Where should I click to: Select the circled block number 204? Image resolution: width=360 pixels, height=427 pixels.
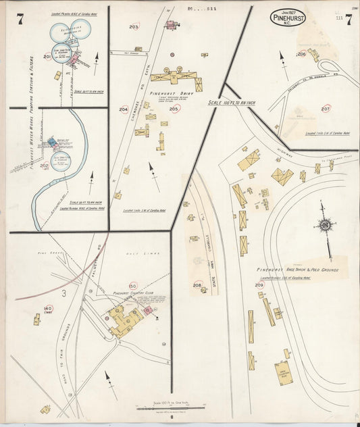pyautogui.click(x=124, y=109)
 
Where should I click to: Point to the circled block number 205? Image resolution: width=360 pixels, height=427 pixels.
pyautogui.click(x=174, y=109)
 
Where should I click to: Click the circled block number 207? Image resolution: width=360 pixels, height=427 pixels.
pyautogui.click(x=326, y=108)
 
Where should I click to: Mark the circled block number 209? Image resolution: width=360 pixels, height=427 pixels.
pyautogui.click(x=259, y=285)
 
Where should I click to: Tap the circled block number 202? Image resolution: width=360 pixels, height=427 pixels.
pyautogui.click(x=45, y=166)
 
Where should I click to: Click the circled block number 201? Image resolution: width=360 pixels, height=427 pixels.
pyautogui.click(x=47, y=57)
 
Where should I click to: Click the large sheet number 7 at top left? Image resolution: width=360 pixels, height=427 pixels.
pyautogui.click(x=20, y=19)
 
